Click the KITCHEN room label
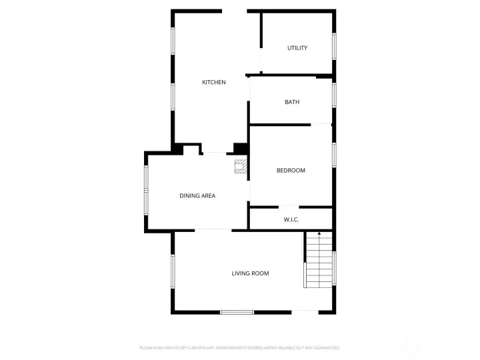214,82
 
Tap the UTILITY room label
297,48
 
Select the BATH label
292,102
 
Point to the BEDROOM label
291,171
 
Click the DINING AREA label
197,196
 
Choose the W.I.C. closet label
291,219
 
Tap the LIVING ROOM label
250,273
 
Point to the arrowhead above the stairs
319,234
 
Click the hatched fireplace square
241,167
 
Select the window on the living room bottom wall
237,312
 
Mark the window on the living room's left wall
173,272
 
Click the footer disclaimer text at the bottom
240,347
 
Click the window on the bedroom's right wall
334,154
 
